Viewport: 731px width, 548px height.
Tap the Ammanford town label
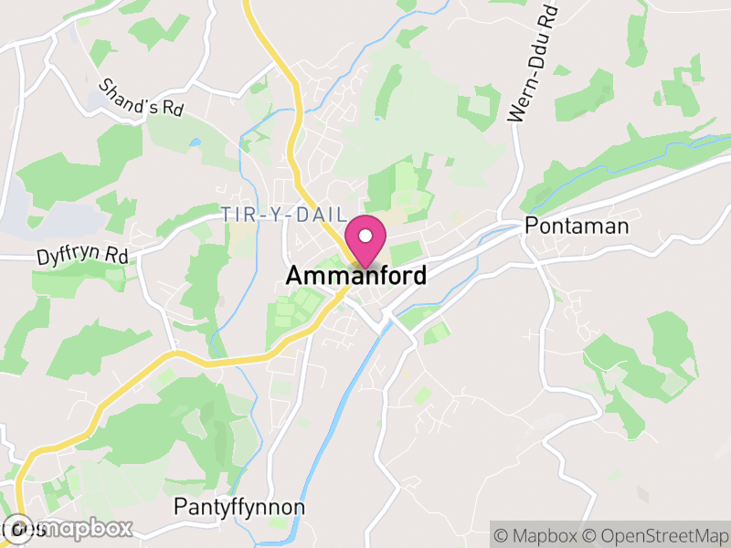pyautogui.click(x=355, y=275)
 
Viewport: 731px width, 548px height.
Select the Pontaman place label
pyautogui.click(x=577, y=227)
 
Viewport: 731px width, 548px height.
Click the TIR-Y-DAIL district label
pyautogui.click(x=284, y=215)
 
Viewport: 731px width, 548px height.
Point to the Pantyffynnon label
pyautogui.click(x=239, y=506)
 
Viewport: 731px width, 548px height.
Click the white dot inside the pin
pyautogui.click(x=365, y=237)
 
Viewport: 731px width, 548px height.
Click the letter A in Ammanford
pyautogui.click(x=294, y=275)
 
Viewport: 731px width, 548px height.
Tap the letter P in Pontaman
pyautogui.click(x=531, y=227)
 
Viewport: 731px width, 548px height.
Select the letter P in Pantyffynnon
pyautogui.click(x=180, y=506)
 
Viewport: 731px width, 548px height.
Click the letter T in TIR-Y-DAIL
pyautogui.click(x=226, y=215)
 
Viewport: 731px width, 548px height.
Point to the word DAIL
pyautogui.click(x=326, y=215)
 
